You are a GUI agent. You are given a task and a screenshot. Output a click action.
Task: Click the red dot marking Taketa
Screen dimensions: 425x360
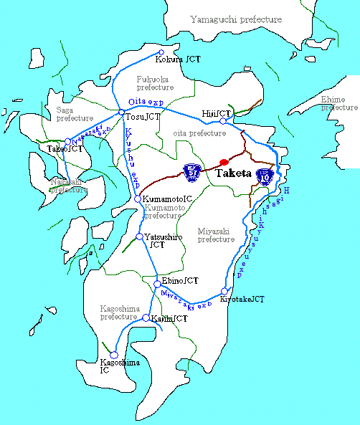pyautogui.click(x=224, y=161)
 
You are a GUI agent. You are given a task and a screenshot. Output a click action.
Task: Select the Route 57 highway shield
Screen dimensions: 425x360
pyautogui.click(x=192, y=171)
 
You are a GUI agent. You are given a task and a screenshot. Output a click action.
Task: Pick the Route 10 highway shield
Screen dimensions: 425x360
pyautogui.click(x=264, y=176)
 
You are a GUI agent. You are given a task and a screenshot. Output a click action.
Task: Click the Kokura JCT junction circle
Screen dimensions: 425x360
pyautogui.click(x=161, y=52)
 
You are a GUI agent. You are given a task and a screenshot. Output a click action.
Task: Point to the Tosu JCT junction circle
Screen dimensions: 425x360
pyautogui.click(x=120, y=113)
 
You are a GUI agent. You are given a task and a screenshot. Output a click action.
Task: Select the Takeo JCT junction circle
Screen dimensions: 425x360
pyautogui.click(x=68, y=142)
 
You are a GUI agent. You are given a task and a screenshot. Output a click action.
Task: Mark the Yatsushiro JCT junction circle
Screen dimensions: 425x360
pyautogui.click(x=141, y=237)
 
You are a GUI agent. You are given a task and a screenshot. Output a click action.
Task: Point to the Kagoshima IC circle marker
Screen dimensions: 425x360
pyautogui.click(x=113, y=355)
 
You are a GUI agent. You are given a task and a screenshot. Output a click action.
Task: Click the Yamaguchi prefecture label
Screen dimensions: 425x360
pyautogui.click(x=236, y=20)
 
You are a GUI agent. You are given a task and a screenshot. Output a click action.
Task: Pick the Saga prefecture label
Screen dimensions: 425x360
pyautogui.click(x=75, y=113)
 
